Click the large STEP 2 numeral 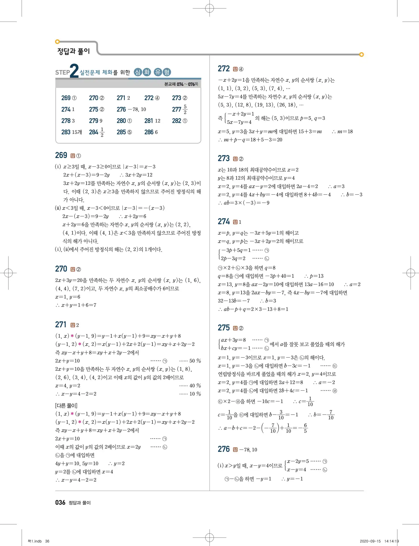click(x=74, y=71)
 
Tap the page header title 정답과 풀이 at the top click(x=74, y=51)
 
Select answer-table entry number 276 click(x=121, y=109)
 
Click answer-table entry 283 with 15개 click(x=72, y=132)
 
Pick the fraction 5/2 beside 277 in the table click(x=185, y=109)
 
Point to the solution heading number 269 click(x=61, y=155)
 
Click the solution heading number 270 click(x=61, y=269)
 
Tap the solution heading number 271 click(x=61, y=325)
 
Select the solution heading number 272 click(x=224, y=69)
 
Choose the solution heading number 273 click(x=224, y=159)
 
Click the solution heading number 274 click(x=224, y=222)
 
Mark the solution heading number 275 click(x=224, y=328)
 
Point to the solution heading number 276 click(x=224, y=449)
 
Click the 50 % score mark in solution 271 click(x=195, y=361)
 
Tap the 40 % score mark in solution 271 click(x=195, y=385)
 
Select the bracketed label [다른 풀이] click(x=66, y=406)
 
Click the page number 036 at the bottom click(x=60, y=503)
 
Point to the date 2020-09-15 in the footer click(x=370, y=541)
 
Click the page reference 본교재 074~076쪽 click(x=181, y=84)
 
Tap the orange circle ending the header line click(x=361, y=54)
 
